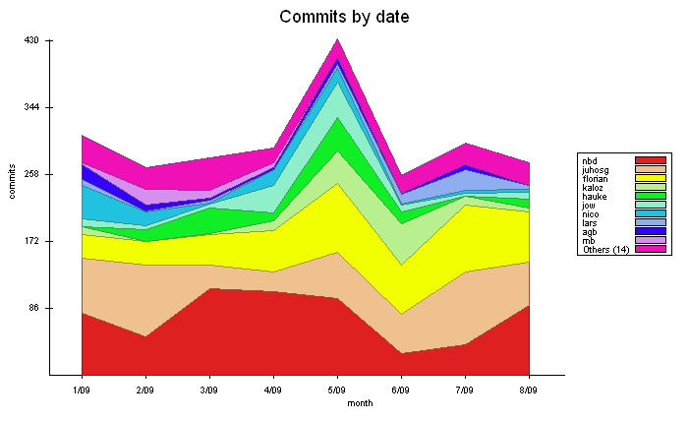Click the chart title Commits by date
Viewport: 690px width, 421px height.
(x=344, y=17)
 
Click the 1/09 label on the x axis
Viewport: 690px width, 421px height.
(x=82, y=391)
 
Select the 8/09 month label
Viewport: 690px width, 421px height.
(x=529, y=391)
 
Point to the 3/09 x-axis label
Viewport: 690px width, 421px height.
(x=209, y=391)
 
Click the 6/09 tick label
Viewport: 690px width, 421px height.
(x=401, y=391)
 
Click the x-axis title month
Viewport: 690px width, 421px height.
(x=360, y=403)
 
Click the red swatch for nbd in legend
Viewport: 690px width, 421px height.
(x=651, y=160)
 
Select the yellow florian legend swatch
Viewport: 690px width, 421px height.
(x=651, y=178)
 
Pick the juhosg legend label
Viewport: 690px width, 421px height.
(x=595, y=169)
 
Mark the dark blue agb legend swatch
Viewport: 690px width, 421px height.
(x=651, y=231)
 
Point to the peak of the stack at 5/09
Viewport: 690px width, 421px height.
(x=337, y=39)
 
